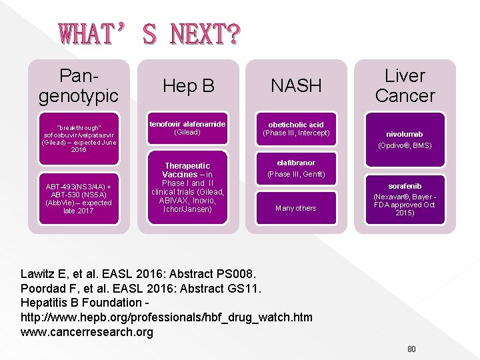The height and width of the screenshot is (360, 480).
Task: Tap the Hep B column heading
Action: point(189,86)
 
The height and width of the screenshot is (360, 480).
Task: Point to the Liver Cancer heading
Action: point(405,86)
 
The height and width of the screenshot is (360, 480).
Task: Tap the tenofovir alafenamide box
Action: point(187,128)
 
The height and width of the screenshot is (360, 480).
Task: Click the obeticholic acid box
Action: point(296,129)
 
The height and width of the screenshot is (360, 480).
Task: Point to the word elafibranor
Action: point(296,163)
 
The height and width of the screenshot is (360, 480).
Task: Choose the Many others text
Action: point(296,208)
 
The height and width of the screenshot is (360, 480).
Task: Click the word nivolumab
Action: point(405,134)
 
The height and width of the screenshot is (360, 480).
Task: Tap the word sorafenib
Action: point(405,186)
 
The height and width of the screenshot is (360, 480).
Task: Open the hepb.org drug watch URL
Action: point(167,317)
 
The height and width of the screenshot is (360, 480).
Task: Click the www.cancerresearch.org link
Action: point(87,332)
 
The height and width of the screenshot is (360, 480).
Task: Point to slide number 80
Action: point(411,349)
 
